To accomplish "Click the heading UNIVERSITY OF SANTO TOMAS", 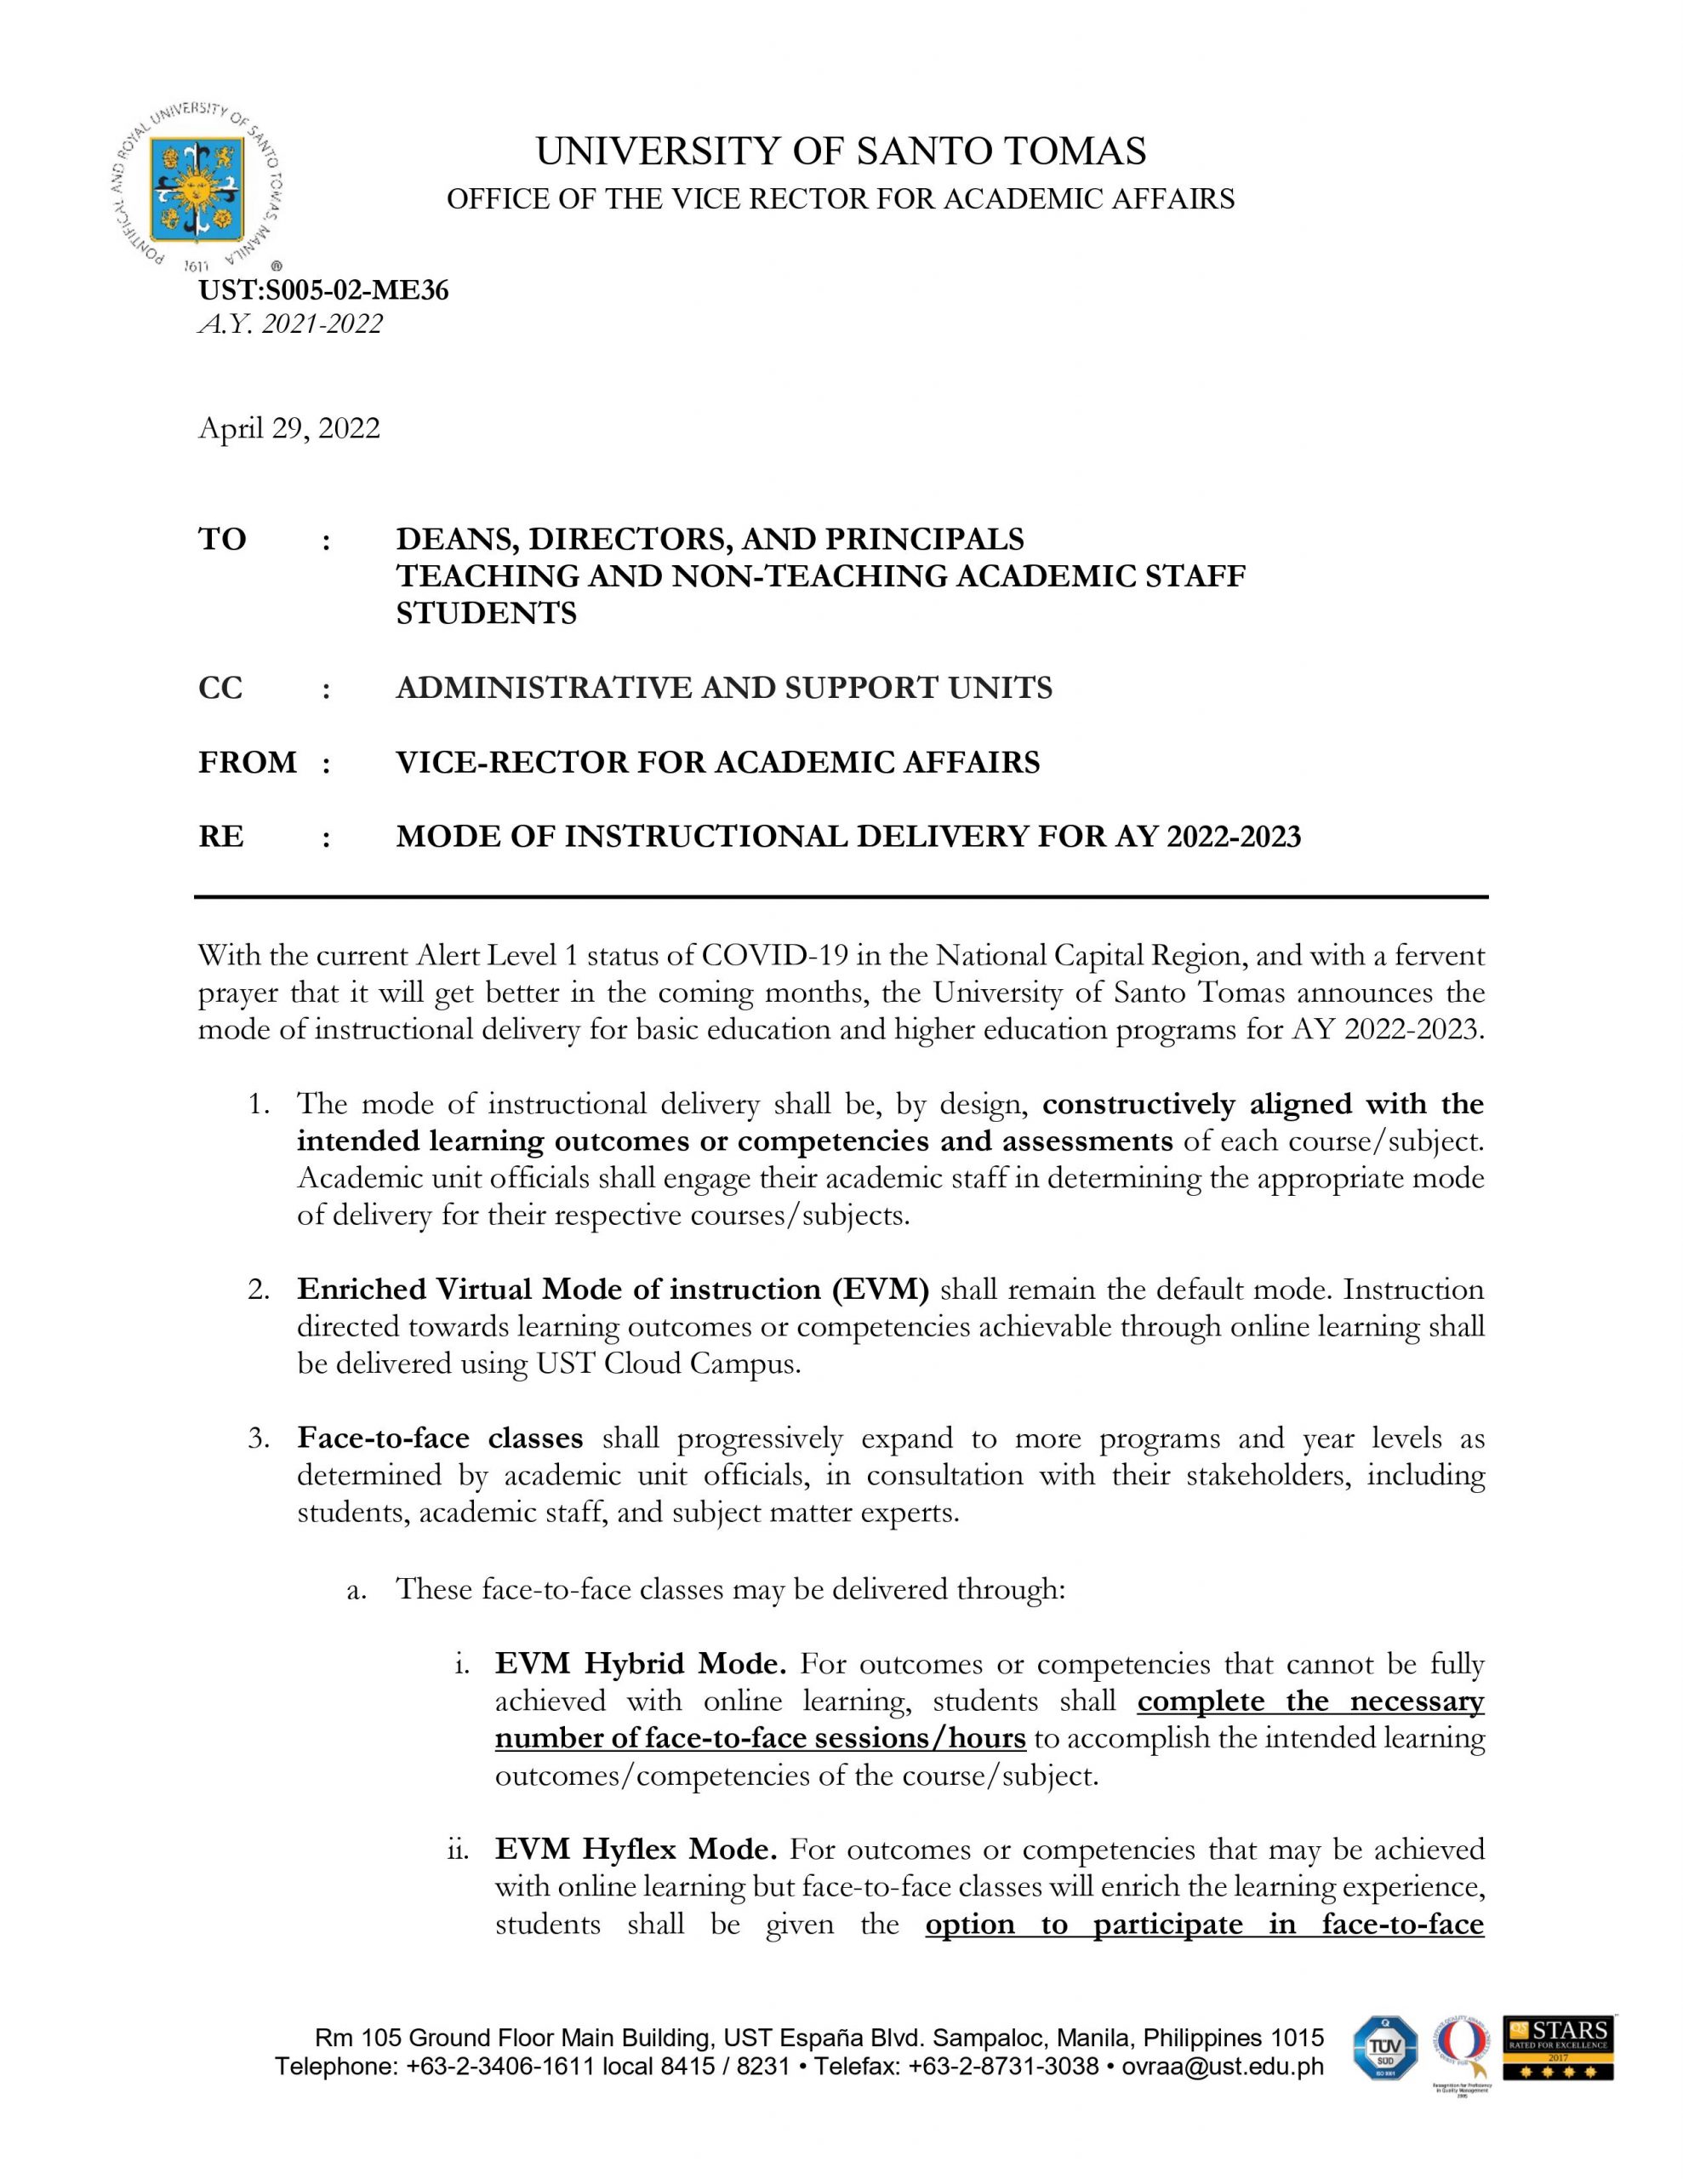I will click(840, 152).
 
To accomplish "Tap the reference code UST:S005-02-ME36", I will click(323, 290).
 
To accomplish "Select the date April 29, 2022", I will click(289, 428).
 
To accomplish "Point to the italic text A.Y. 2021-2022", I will click(290, 323).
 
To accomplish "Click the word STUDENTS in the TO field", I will click(486, 613).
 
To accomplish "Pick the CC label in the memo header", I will click(220, 688).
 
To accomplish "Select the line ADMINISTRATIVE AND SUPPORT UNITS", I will click(723, 688).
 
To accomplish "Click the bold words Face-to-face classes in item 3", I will click(440, 1438).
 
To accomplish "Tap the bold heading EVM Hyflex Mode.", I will click(636, 1849).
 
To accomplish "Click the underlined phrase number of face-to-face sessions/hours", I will click(760, 1738).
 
